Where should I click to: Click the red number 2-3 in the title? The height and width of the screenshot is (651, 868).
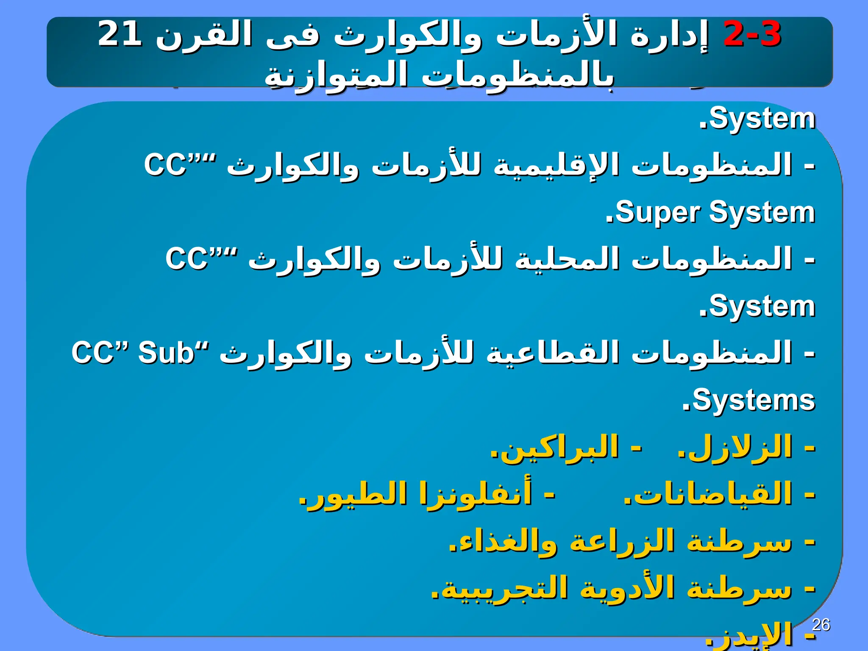(x=752, y=34)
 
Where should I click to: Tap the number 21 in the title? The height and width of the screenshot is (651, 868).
(x=120, y=34)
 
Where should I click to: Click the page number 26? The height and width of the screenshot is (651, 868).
(x=821, y=625)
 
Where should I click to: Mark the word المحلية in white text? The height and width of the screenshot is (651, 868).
(x=568, y=259)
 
